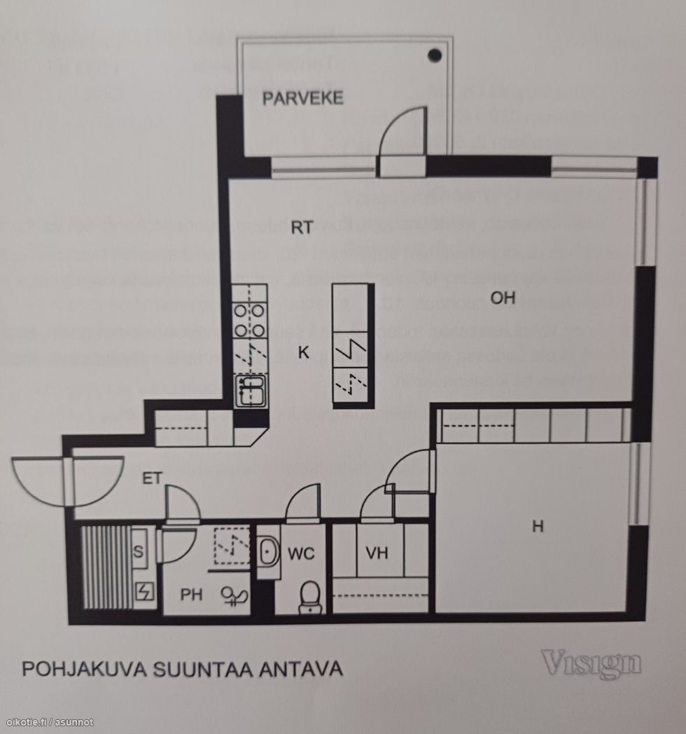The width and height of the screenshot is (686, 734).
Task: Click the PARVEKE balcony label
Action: (x=302, y=97)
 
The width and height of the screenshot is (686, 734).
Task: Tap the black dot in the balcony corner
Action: (x=435, y=54)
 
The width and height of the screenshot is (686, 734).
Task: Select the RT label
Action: (x=301, y=226)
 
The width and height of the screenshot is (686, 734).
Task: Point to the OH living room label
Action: (x=503, y=298)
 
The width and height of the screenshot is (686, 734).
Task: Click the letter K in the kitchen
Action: (x=303, y=353)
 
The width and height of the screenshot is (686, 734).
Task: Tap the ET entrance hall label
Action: (x=153, y=479)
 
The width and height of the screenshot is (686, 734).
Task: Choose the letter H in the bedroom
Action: (x=538, y=526)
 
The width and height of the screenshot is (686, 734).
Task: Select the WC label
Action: (x=302, y=553)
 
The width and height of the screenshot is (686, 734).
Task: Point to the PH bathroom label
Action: (x=191, y=595)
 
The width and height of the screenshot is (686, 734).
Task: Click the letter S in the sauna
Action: (x=138, y=553)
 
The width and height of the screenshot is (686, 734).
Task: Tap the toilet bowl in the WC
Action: (x=308, y=597)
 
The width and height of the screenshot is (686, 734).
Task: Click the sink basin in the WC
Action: (x=269, y=552)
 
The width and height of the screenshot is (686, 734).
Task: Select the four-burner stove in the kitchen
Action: (x=250, y=319)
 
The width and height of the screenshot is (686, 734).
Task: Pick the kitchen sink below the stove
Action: (x=251, y=391)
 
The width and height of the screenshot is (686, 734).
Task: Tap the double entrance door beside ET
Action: (x=68, y=481)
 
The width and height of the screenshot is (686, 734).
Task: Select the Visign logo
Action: (x=591, y=663)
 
